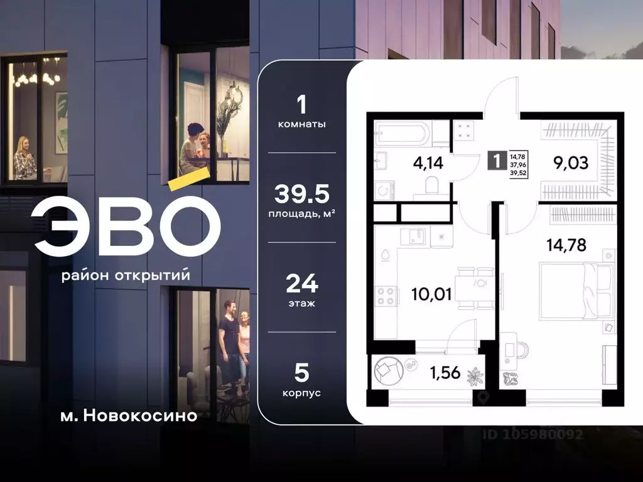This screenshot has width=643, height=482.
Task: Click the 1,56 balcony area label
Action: [444, 373]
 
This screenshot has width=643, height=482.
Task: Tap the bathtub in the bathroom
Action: [403, 133]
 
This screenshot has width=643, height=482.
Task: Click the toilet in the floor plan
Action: [431, 185]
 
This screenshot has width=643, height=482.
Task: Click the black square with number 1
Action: [497, 160]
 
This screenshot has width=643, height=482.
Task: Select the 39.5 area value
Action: [302, 195]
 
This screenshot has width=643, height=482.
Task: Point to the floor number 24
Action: [302, 284]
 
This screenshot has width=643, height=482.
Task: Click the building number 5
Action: [302, 373]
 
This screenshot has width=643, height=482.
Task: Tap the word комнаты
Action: [302, 124]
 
